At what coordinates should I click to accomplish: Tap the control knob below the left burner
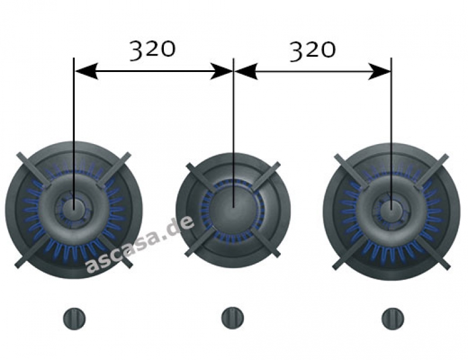[x=74, y=318]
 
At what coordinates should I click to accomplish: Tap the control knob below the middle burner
[x=232, y=318]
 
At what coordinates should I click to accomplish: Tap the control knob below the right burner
[x=392, y=318]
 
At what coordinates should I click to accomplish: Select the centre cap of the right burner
[x=391, y=207]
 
